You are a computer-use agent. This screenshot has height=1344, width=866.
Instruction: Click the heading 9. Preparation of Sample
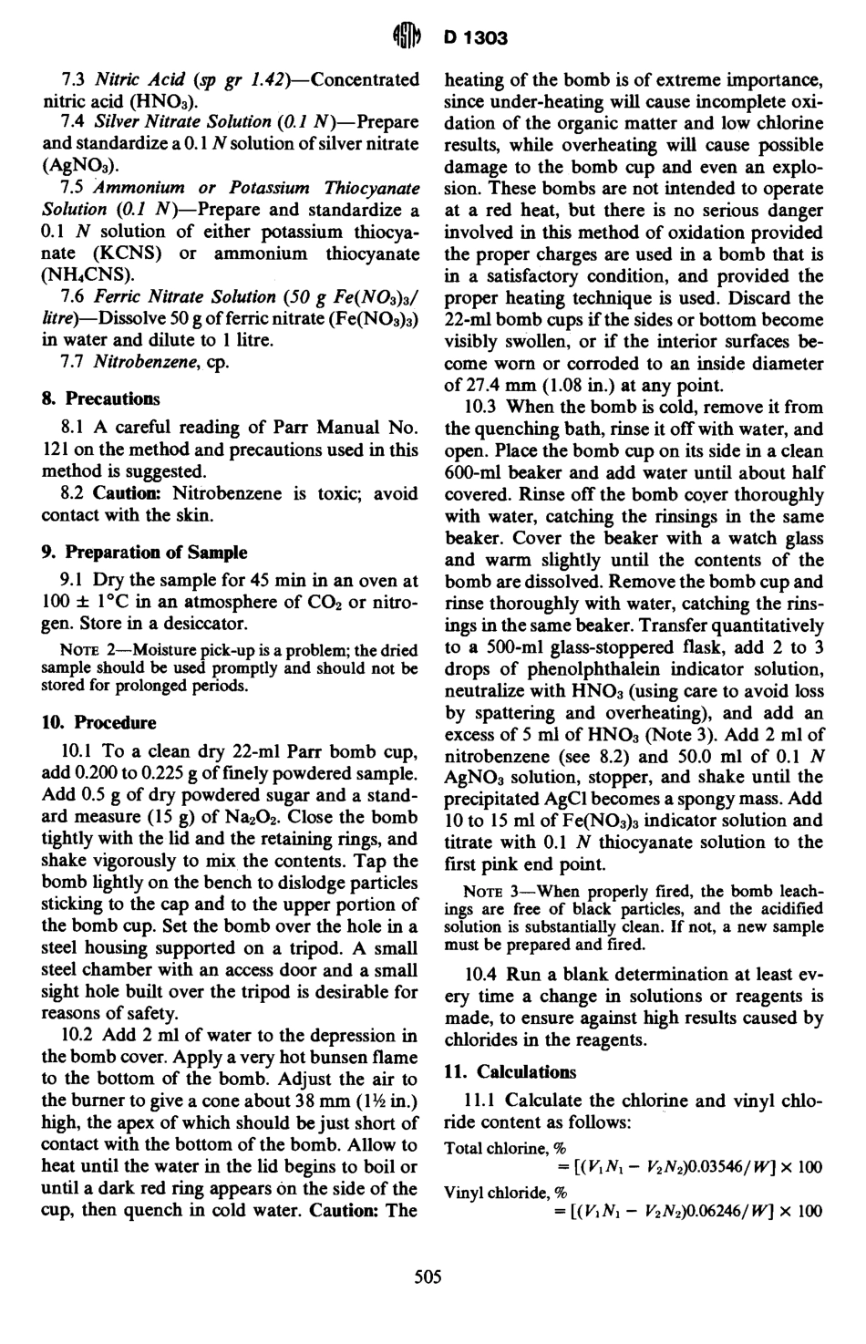coord(144,553)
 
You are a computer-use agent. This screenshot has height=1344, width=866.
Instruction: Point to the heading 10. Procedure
coord(98,723)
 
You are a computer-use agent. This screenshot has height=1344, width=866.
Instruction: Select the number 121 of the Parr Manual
coord(56,450)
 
